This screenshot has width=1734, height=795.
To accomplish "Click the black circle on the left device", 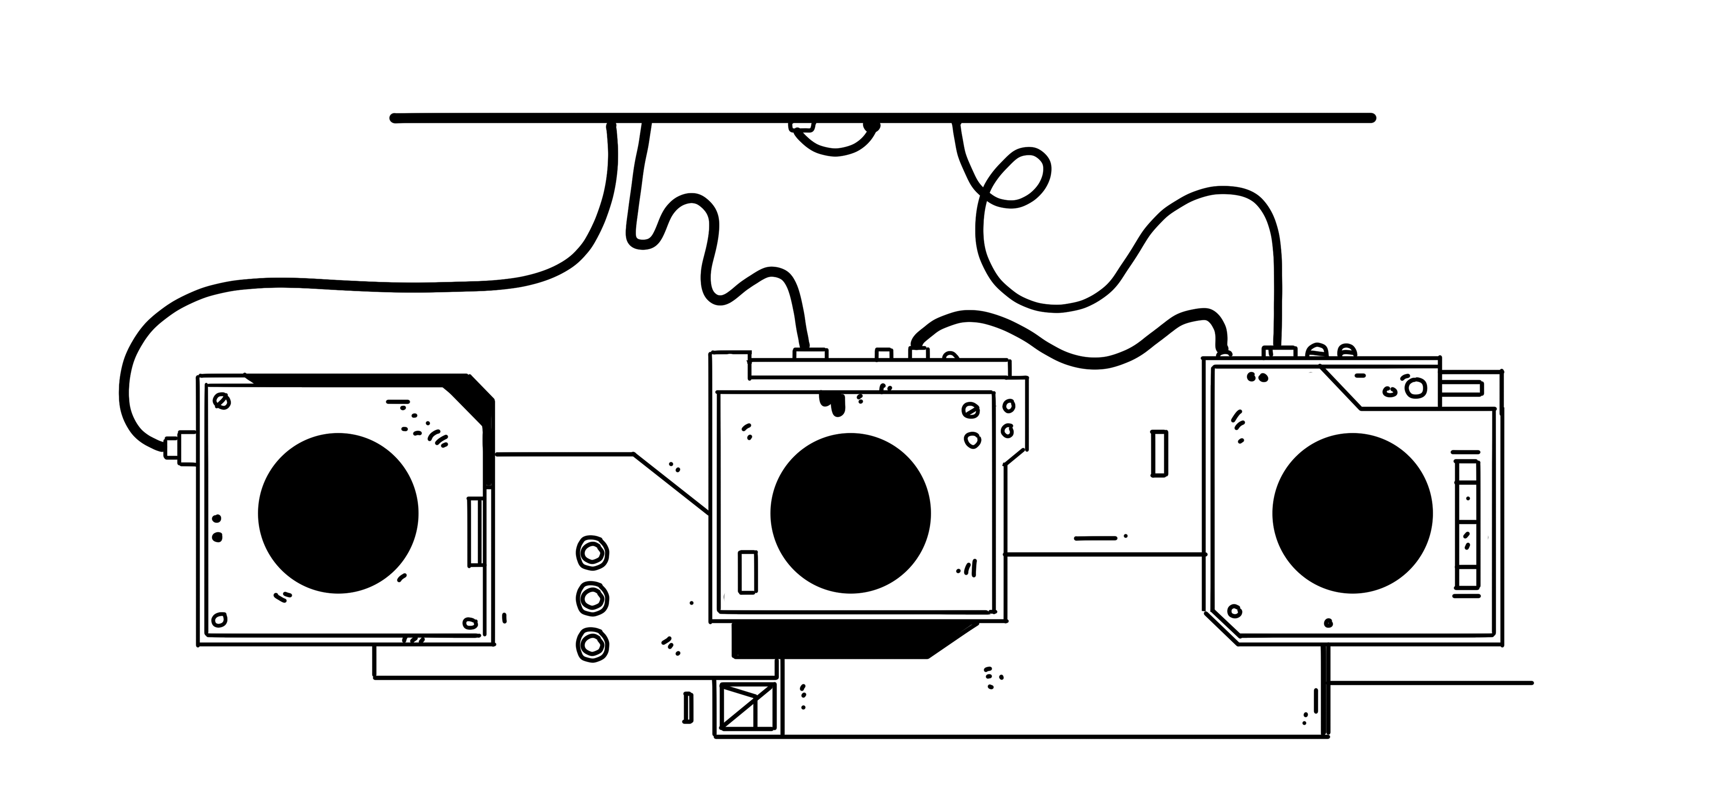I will pos(338,514).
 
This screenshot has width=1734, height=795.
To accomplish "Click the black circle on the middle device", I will pos(850,514).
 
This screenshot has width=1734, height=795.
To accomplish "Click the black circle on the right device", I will pos(1352,514).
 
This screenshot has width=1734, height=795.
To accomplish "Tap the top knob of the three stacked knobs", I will pos(592,553).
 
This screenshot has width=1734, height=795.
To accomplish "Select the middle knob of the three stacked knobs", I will pos(592,597).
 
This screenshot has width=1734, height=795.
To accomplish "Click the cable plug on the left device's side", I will pos(178,446).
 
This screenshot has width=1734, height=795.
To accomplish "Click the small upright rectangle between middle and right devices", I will pos(1158,453).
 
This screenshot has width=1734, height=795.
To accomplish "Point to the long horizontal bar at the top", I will pos(882,118).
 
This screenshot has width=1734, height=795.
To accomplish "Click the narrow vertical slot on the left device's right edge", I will pos(475,532).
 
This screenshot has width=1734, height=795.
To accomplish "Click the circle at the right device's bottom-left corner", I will pos(1234,611).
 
